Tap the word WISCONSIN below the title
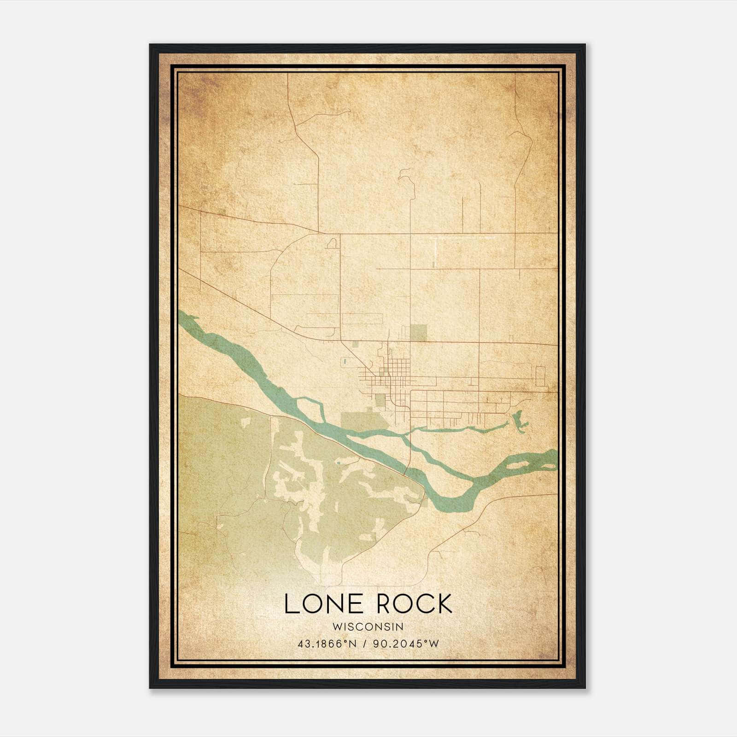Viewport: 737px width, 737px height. [368, 626]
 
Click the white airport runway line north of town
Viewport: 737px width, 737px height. [435, 252]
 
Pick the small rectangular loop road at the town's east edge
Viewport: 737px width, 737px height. [540, 375]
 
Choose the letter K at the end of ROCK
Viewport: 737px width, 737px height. [443, 604]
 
